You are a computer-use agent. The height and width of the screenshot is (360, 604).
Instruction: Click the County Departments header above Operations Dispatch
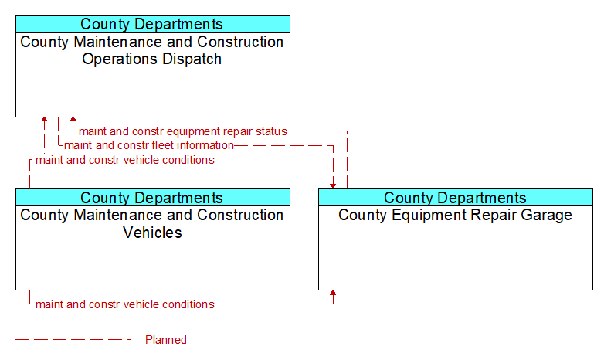[151, 24]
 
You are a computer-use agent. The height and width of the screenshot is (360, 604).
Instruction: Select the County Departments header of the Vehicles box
[151, 198]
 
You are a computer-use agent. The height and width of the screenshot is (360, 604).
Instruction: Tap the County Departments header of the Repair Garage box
[455, 198]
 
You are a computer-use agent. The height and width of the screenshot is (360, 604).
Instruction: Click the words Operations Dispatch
[151, 59]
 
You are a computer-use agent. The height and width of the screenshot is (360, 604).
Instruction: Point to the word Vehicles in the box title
[152, 233]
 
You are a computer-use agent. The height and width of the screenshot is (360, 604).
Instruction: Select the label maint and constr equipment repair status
[182, 131]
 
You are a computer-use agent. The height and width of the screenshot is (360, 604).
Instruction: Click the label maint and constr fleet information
[149, 145]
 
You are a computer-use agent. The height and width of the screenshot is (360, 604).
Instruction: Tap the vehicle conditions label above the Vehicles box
[125, 160]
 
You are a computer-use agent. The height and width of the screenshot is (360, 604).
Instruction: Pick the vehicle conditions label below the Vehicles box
[125, 304]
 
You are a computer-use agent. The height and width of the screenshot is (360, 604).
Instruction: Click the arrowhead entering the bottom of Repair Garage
[333, 293]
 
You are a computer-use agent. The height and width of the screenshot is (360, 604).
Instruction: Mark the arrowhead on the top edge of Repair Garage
[333, 186]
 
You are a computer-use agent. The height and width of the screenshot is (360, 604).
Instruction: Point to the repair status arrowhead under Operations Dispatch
[73, 120]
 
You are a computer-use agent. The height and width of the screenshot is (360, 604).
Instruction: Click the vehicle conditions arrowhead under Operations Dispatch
[44, 120]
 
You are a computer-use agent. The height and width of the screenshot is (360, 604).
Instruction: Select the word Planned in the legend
[166, 340]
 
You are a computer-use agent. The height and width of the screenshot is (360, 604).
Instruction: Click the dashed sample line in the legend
[73, 340]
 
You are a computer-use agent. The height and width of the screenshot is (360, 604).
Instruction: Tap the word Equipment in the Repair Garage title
[429, 215]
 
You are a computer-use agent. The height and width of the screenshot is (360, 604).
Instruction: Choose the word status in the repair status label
[273, 131]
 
